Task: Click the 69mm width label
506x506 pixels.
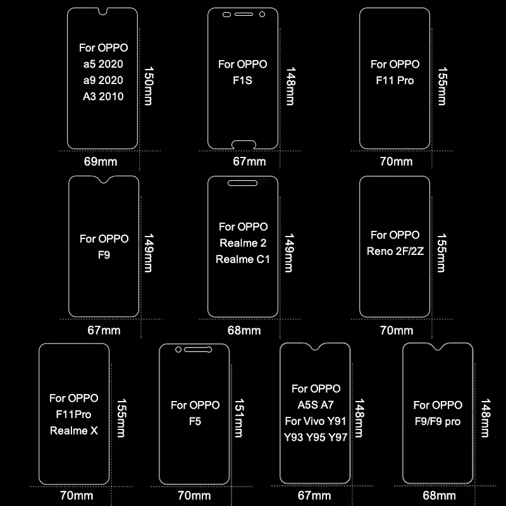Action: click(x=101, y=161)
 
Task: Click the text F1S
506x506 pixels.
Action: click(x=242, y=80)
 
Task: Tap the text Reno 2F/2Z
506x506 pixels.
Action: click(x=395, y=251)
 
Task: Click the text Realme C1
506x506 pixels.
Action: click(x=243, y=259)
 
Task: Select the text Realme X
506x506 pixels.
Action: click(x=73, y=431)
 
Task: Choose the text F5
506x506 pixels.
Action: click(x=195, y=421)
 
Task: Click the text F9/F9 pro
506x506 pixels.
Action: click(x=438, y=421)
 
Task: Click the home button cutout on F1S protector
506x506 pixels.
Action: click(x=243, y=142)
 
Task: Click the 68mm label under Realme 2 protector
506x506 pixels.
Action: click(x=243, y=330)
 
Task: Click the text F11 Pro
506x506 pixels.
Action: click(x=395, y=80)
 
